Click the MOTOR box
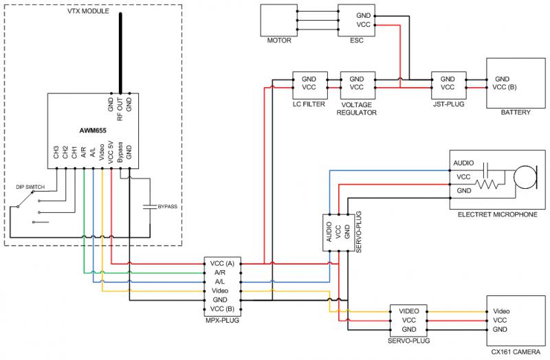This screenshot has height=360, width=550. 279,21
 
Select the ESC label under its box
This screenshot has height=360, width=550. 356,41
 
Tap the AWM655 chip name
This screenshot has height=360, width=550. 93,131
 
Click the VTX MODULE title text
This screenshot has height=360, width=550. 88,11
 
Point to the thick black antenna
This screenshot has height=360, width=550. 120,54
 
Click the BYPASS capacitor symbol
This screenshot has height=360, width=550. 150,207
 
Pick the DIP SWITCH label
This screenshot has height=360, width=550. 30,187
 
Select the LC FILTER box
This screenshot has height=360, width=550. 310,85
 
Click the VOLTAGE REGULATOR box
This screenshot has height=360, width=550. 357,85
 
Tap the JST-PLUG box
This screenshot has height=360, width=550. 449,85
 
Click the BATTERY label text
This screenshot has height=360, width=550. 515,113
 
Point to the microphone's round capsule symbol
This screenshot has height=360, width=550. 525,177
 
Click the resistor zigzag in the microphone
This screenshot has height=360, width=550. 486,184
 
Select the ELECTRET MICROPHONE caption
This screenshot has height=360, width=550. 497,214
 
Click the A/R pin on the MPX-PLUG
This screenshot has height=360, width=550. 220,272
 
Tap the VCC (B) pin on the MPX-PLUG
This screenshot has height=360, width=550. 222,309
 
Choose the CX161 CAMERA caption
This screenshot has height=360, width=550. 516,352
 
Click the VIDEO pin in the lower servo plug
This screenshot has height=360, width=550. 409,311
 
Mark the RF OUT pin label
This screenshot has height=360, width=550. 120,109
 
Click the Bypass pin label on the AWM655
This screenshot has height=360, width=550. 120,152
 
